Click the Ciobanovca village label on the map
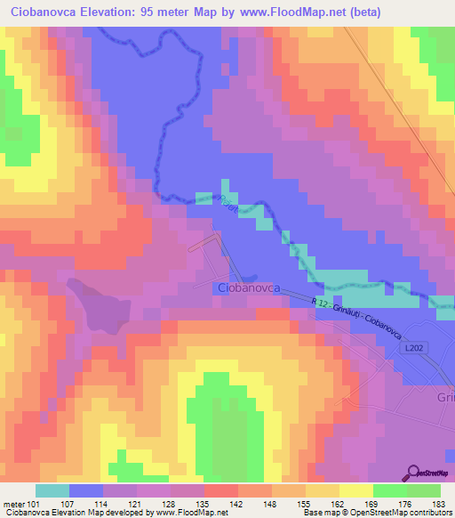[249, 288]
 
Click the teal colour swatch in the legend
[52, 490]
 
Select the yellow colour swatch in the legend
[355, 490]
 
